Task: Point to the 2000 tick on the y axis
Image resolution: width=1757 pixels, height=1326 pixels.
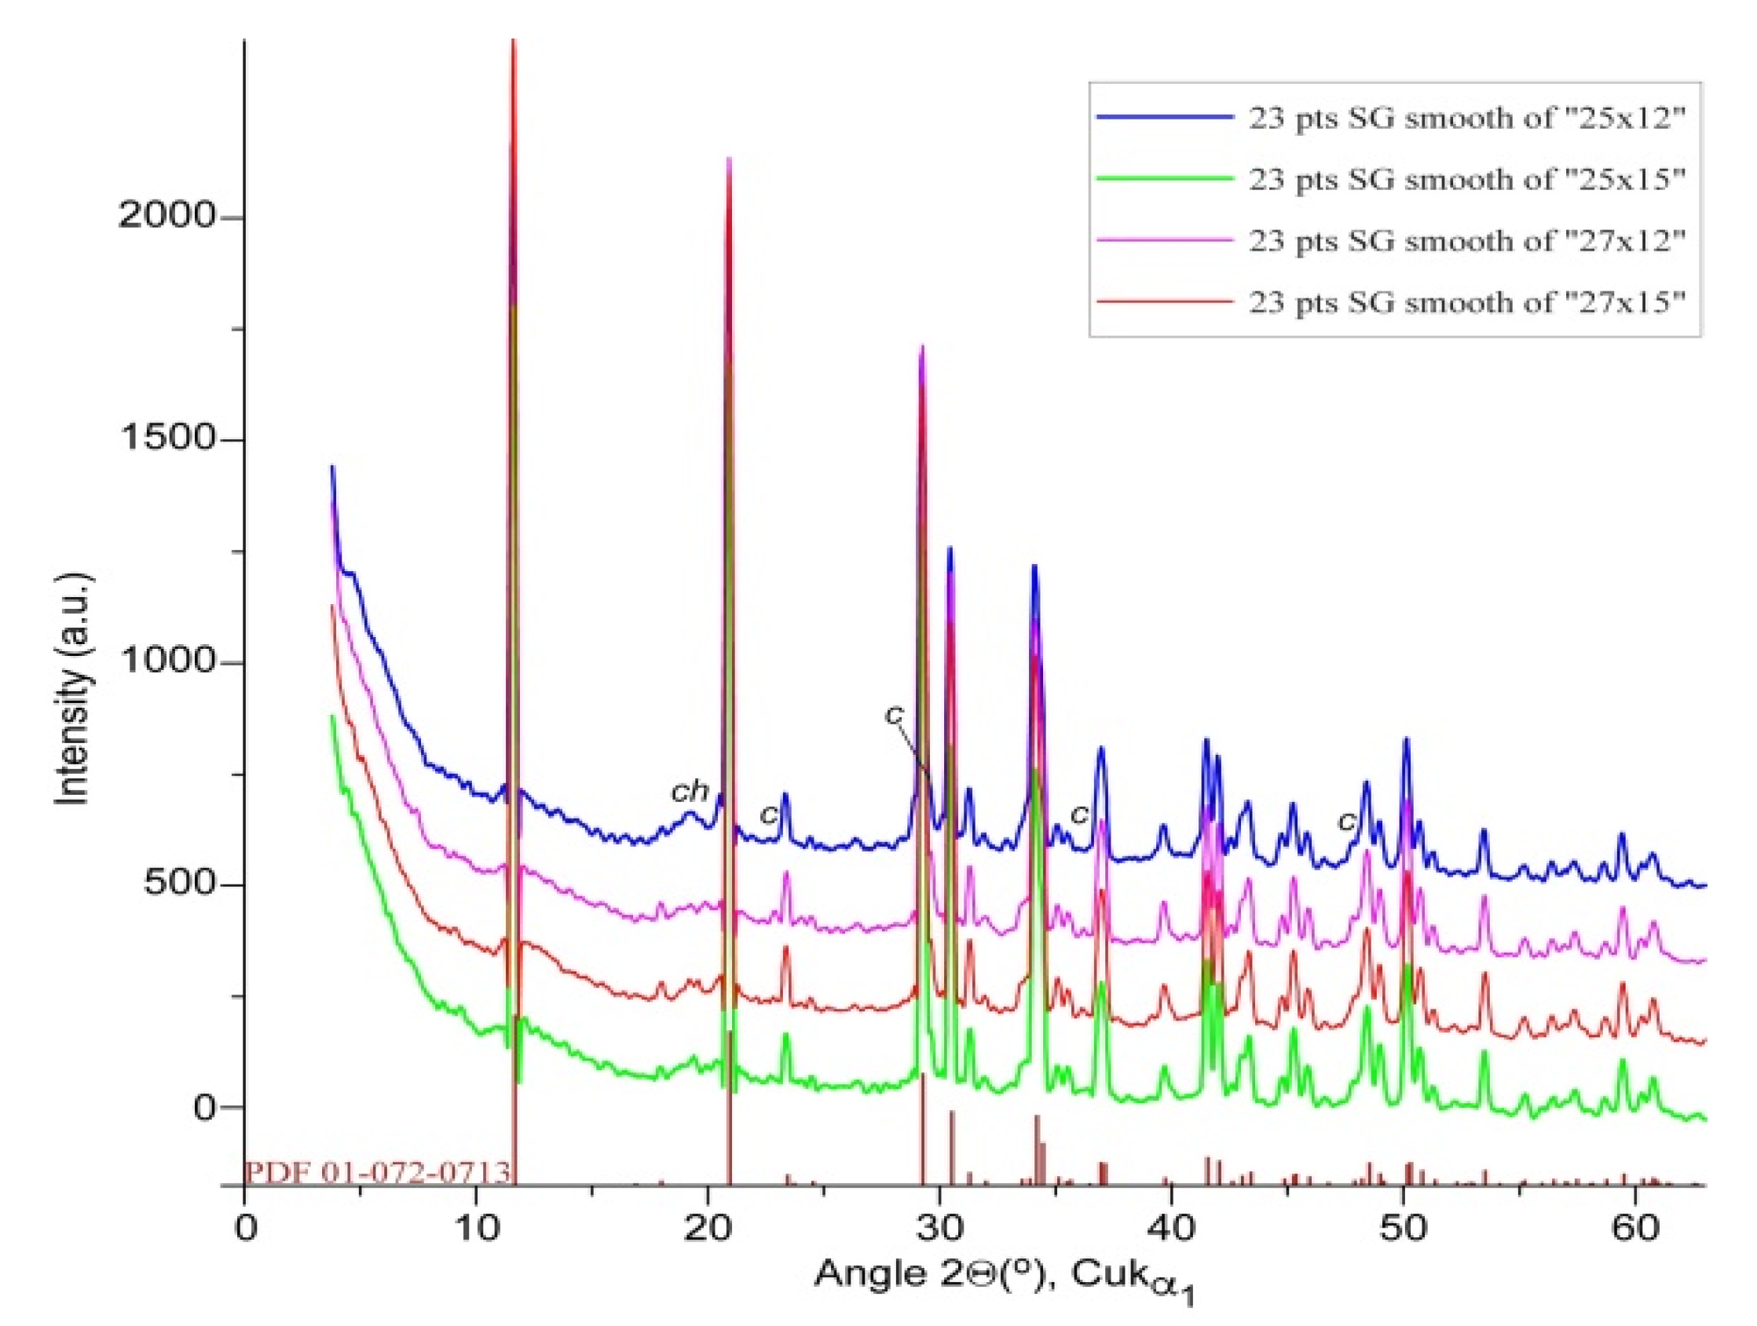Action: coord(167,217)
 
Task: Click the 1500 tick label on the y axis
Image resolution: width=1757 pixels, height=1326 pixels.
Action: coord(167,439)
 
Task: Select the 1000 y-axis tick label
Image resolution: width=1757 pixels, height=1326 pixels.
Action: coord(167,661)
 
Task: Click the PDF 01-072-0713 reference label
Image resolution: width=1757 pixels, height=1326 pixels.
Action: coord(377,1172)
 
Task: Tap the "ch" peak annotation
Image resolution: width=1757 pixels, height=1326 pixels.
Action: coord(690,791)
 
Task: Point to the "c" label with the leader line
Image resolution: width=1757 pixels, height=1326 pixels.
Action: coord(895,714)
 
